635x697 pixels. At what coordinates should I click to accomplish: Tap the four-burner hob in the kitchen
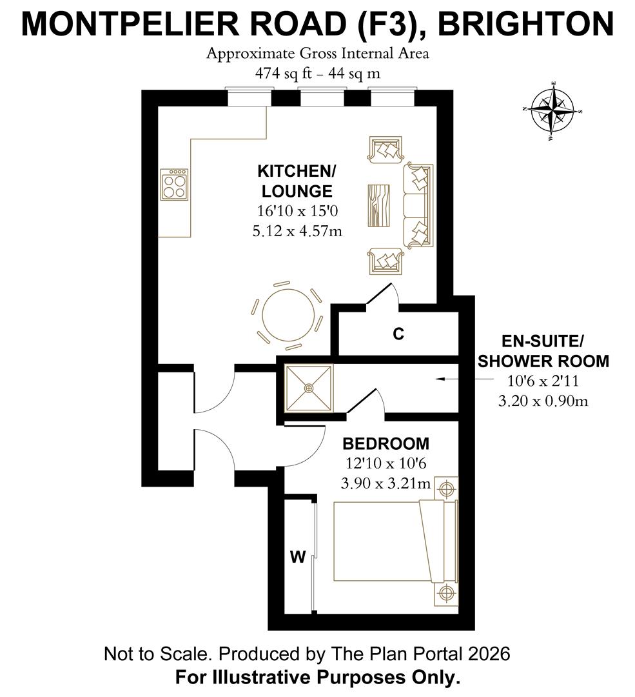175,185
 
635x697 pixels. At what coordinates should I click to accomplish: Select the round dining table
289,316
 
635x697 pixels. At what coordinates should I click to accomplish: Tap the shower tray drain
309,388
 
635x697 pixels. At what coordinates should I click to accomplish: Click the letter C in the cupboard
398,334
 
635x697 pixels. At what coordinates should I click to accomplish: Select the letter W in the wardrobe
297,557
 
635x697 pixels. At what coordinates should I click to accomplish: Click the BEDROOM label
386,444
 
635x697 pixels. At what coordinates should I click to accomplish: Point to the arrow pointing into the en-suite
444,380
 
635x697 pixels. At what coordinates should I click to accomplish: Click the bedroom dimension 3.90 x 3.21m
385,483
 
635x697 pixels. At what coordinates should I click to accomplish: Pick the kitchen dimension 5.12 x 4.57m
297,230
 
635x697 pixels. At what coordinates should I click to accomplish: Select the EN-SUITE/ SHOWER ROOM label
543,351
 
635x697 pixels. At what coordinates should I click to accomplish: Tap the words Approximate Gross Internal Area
317,54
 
